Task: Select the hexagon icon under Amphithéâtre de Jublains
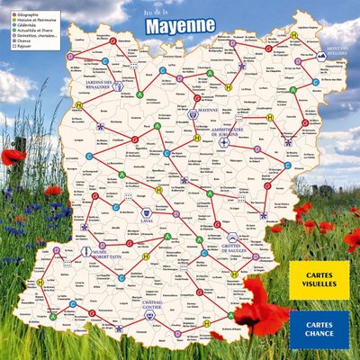[223, 140]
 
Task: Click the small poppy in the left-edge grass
[12, 157]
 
